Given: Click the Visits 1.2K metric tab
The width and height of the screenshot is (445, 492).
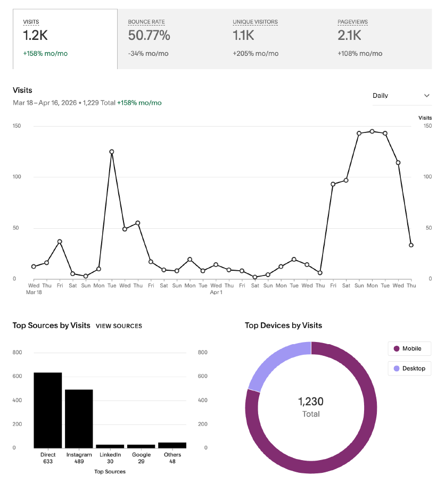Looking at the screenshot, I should (65, 39).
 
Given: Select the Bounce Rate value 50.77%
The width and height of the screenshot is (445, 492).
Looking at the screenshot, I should (149, 36).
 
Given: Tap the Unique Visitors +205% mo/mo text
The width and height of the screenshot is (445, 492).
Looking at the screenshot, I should (256, 53).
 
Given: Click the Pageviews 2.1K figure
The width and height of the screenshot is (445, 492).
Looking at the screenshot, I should (349, 36).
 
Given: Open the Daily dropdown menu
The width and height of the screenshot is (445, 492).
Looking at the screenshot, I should (401, 96).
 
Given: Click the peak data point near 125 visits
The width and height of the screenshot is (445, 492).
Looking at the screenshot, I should (112, 152).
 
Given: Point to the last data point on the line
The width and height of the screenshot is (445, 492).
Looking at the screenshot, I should (411, 245).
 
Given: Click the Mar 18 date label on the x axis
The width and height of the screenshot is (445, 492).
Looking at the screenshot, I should (34, 292).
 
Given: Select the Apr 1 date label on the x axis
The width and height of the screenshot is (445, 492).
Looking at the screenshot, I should (216, 292).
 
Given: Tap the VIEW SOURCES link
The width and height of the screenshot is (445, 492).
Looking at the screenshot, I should (119, 326).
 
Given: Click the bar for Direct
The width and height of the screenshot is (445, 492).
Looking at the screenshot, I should (48, 410).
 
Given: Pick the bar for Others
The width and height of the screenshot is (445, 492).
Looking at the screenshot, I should (172, 445).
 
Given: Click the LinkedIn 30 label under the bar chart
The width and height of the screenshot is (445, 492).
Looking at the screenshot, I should (110, 458).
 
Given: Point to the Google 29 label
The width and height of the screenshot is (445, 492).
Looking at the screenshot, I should (141, 458).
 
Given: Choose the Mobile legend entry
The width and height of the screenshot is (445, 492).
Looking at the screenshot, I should (409, 349).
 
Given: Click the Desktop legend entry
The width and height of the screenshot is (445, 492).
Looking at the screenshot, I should (409, 368).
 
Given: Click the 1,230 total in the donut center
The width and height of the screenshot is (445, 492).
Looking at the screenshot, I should (311, 402).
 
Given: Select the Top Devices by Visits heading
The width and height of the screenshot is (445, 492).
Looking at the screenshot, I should (283, 326).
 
